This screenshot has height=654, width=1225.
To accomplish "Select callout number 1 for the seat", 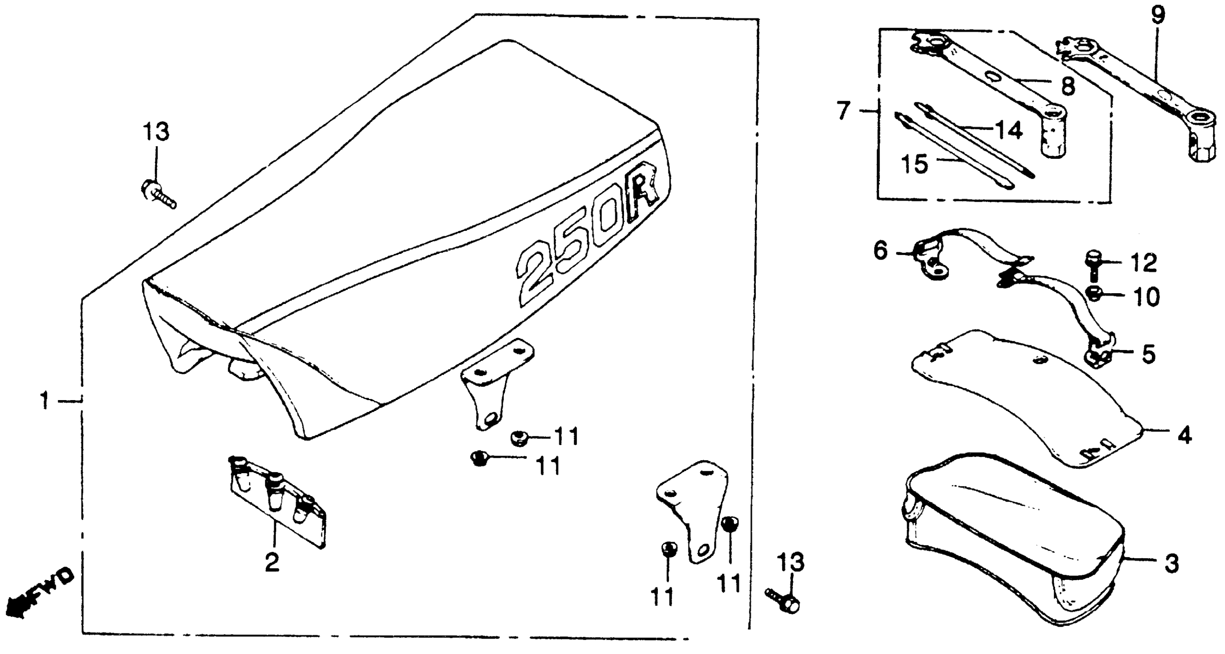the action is (x=45, y=401).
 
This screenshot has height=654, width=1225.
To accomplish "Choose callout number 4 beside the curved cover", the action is (x=1184, y=435).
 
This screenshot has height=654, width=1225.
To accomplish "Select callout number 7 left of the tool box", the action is (x=843, y=111).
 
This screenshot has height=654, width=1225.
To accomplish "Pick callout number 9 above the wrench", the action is (x=1158, y=15).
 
